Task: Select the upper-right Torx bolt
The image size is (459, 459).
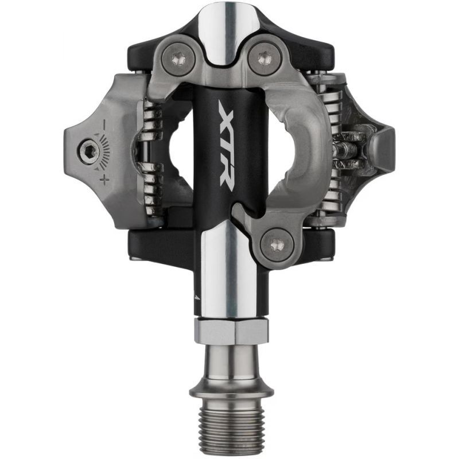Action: click(263, 57)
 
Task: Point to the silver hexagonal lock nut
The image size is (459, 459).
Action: click(229, 332)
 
